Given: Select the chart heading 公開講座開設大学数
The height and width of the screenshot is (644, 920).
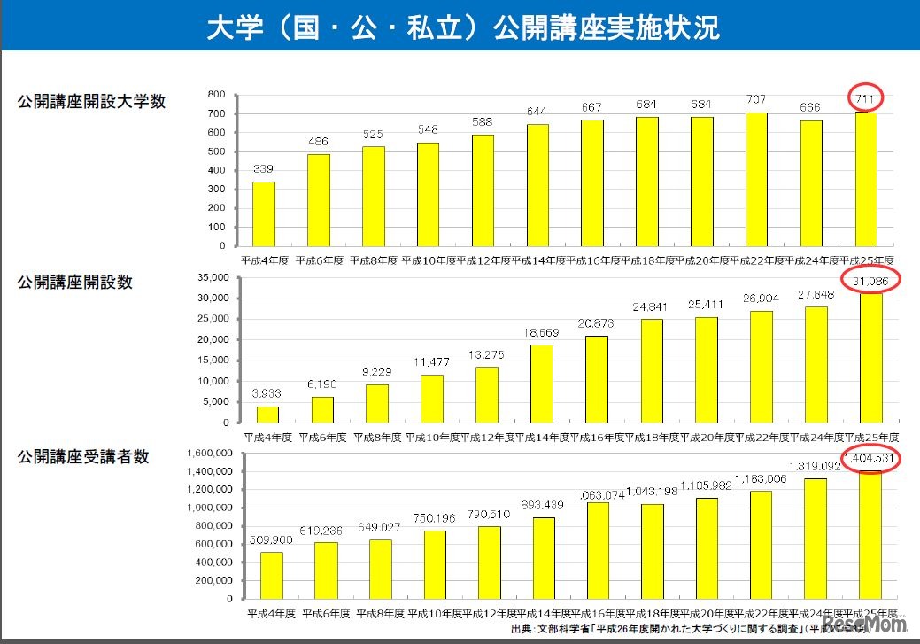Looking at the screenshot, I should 92,101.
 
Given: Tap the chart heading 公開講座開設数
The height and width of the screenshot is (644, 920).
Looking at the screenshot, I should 75,282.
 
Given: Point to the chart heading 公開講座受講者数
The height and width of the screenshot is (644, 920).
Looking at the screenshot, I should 83,456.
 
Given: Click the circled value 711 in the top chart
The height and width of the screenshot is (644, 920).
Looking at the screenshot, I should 865,97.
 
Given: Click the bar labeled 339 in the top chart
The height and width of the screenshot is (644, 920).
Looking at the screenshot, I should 264,214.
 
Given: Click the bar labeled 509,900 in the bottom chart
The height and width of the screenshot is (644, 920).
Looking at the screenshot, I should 271,575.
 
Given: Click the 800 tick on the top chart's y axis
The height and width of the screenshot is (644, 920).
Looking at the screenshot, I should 216,95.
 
